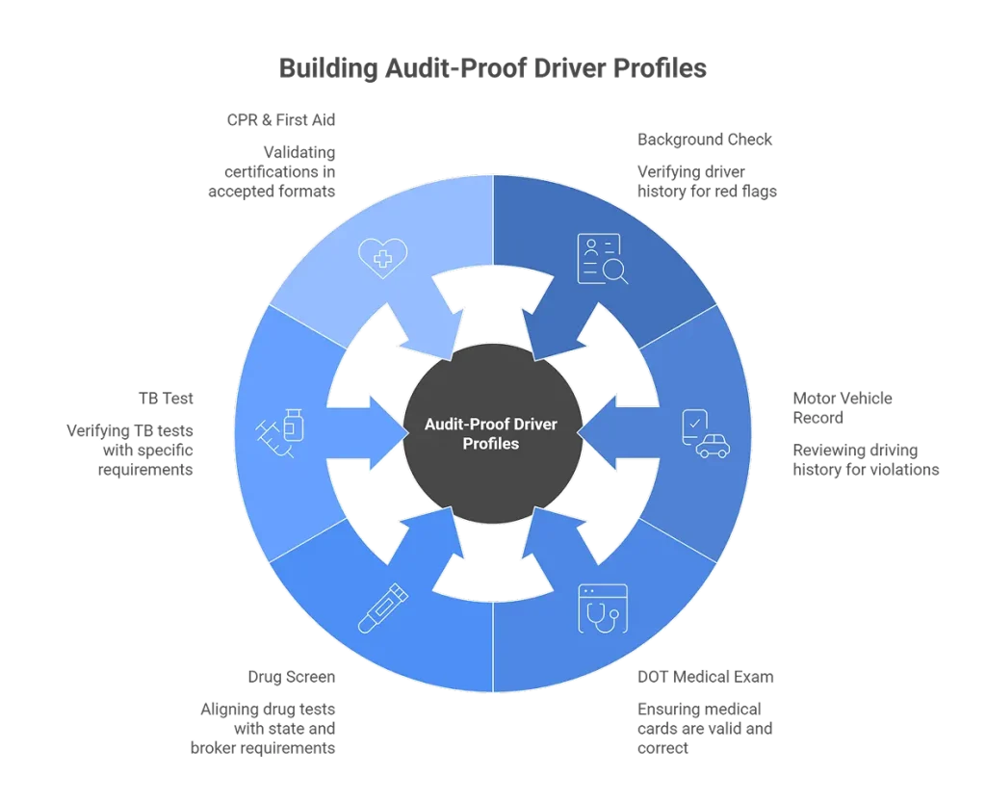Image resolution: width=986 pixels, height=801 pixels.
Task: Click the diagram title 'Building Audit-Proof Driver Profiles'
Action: (x=492, y=69)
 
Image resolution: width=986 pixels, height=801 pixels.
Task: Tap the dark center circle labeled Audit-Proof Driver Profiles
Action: (x=492, y=433)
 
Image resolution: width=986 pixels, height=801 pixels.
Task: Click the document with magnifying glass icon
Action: (x=602, y=259)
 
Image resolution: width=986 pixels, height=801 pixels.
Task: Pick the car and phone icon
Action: (x=705, y=433)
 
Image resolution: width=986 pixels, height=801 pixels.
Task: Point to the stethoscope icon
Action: (x=602, y=608)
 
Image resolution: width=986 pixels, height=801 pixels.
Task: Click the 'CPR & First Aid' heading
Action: (x=281, y=120)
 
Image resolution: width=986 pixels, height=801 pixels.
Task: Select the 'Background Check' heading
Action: (x=705, y=140)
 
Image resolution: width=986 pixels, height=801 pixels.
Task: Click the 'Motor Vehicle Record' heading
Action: (x=843, y=408)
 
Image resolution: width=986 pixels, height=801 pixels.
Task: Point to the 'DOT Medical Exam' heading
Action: (x=706, y=677)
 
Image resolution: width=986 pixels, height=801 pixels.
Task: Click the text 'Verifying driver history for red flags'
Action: (x=706, y=181)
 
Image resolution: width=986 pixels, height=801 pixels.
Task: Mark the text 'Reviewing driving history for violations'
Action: (x=865, y=460)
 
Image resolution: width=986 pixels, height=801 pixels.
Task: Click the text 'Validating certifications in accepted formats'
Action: (x=273, y=171)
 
